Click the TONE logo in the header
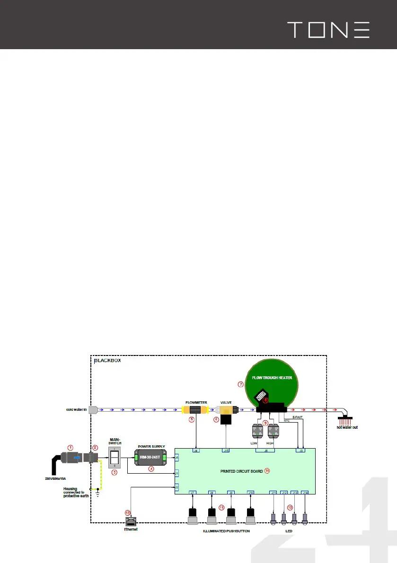tap(328, 30)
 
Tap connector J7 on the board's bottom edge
tap(193, 493)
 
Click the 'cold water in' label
tap(76, 409)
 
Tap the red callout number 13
tap(127, 512)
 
